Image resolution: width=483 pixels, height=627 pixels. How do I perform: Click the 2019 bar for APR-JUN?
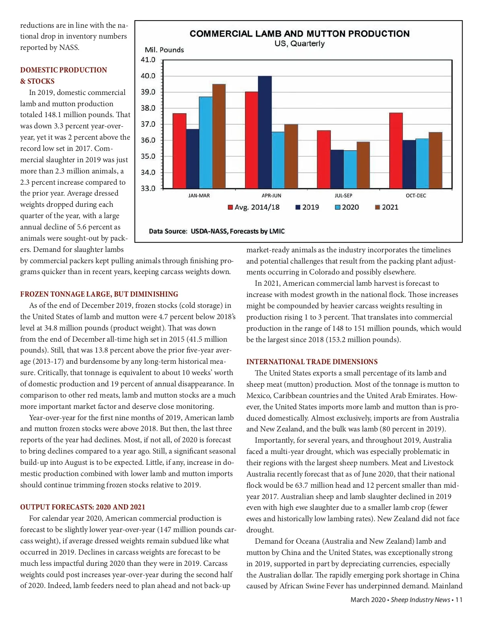[x=264, y=132]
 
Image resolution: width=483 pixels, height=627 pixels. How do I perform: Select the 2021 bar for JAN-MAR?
[x=219, y=136]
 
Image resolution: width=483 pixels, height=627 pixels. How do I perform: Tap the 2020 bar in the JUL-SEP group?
[x=350, y=169]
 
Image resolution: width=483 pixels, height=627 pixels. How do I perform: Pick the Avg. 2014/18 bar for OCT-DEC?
[x=396, y=151]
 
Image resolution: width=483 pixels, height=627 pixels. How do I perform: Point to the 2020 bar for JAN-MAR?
[x=206, y=142]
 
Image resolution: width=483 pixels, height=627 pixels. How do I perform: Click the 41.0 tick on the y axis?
[x=148, y=60]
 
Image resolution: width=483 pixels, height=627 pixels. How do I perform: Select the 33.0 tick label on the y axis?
[x=148, y=188]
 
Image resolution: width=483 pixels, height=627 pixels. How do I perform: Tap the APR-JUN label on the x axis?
[x=271, y=196]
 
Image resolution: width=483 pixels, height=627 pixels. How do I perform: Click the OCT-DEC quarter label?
[x=416, y=196]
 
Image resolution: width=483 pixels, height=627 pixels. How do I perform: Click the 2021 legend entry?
[x=387, y=207]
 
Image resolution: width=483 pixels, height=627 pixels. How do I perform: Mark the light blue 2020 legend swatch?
[x=338, y=207]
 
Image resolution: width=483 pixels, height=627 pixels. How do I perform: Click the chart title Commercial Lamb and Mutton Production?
[x=299, y=34]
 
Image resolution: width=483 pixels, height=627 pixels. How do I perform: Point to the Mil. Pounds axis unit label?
[x=164, y=50]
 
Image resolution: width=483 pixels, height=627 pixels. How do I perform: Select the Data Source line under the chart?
[x=217, y=231]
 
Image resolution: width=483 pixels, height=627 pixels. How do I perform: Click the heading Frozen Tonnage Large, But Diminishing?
[x=99, y=294]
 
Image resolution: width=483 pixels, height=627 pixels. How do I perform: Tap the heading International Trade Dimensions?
[x=312, y=362]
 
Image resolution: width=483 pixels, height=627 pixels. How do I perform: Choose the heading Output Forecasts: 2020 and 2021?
[x=83, y=507]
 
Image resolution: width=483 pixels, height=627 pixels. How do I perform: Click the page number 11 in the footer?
[x=459, y=600]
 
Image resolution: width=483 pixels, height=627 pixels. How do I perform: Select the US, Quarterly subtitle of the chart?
[x=299, y=43]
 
